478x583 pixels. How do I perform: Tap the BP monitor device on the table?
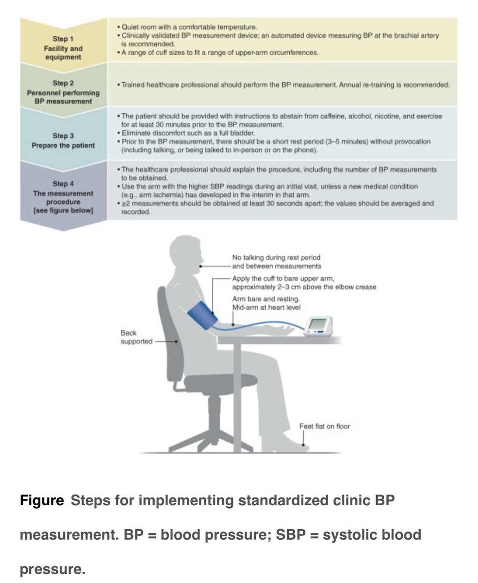point(321,326)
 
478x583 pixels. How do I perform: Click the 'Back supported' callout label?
point(136,337)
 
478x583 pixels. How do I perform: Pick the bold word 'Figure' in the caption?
point(42,500)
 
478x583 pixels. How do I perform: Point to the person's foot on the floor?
point(291,444)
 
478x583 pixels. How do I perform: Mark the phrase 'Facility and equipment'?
point(67,52)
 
